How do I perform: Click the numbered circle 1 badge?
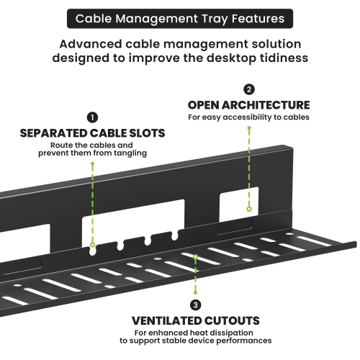pos(92,117)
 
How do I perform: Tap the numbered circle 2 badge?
pos(249,89)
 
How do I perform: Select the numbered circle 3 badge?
pos(196,305)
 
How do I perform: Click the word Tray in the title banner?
pos(215,19)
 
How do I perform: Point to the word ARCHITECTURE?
pos(266,105)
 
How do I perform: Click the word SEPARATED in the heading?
pos(54,133)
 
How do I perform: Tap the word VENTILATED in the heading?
pos(166,321)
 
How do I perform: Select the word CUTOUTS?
pos(232,321)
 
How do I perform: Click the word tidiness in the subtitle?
pos(284,58)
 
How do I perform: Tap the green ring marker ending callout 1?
pos(92,245)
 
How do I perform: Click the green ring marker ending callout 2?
pos(249,209)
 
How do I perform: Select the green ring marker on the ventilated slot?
pos(196,257)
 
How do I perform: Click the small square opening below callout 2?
pos(239,204)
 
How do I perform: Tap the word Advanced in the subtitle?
pos(91,44)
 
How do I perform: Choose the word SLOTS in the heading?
pos(147,133)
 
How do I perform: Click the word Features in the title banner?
pos(258,19)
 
